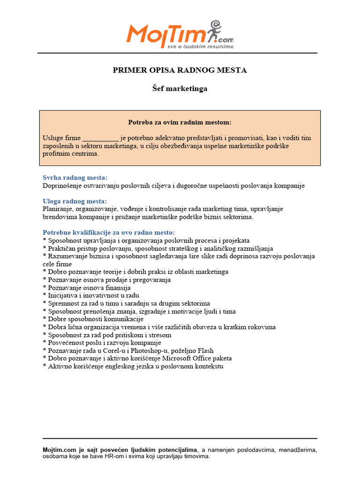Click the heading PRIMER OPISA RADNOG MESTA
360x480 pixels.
[x=180, y=70]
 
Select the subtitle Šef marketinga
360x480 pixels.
[x=180, y=88]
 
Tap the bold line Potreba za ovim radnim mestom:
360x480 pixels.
[x=180, y=122]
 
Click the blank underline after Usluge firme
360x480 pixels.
[x=101, y=138]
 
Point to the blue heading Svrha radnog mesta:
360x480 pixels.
[x=75, y=178]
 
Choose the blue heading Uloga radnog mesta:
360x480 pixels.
[x=75, y=201]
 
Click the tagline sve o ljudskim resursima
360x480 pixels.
[x=200, y=46]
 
